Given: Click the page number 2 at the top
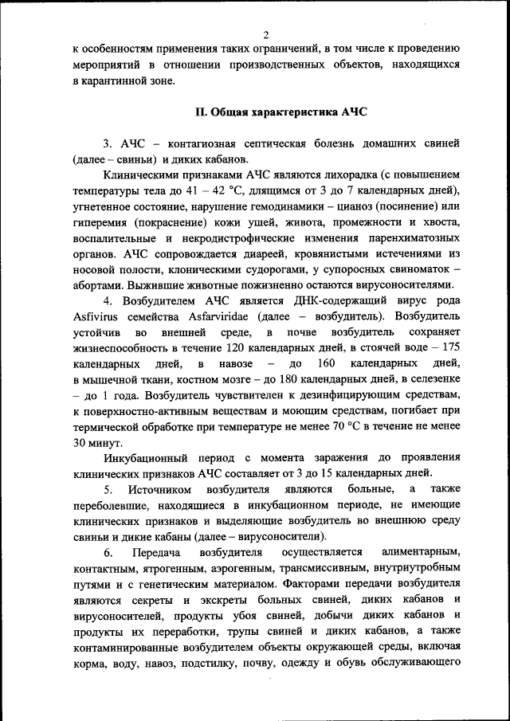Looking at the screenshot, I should pyautogui.click(x=265, y=35).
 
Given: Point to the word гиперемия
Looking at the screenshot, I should pyautogui.click(x=99, y=222).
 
